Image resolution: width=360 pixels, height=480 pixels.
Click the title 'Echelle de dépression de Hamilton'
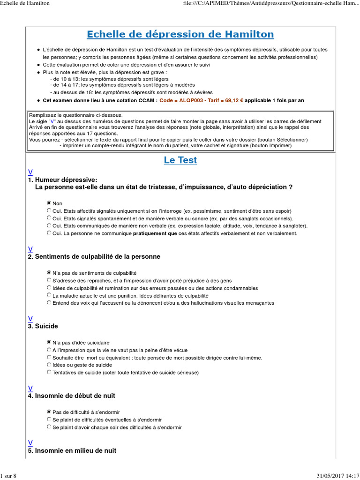[180, 35]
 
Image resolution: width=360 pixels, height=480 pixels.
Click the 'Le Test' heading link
[180, 160]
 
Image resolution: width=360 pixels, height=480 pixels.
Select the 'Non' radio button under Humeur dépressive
[49, 203]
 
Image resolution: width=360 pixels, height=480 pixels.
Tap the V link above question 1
[30, 172]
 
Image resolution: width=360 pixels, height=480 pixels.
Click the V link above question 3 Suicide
[30, 318]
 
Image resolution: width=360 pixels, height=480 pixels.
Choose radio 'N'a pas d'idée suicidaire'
[49, 342]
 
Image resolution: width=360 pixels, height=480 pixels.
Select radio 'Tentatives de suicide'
[49, 372]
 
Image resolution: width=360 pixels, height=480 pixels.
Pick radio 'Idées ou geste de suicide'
[49, 364]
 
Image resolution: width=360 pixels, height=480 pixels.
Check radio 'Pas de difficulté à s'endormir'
[49, 412]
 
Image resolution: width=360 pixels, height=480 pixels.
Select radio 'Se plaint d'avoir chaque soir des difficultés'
[49, 427]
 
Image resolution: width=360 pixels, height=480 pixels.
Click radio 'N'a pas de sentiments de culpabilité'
[49, 272]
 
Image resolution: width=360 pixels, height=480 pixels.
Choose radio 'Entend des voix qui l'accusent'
[49, 302]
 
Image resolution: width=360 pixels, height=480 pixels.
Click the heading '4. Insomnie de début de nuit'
[71, 396]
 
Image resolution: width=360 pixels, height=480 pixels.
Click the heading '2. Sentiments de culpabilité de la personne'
[94, 256]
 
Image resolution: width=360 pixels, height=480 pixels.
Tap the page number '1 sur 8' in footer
[8, 476]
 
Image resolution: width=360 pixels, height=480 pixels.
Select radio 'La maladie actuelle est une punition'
[49, 295]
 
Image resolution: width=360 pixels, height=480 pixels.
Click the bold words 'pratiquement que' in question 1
[155, 233]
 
